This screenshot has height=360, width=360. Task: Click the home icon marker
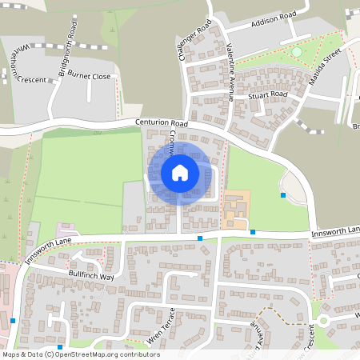click(179, 172)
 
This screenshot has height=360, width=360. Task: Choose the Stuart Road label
click(267, 94)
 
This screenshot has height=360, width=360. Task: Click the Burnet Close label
click(90, 77)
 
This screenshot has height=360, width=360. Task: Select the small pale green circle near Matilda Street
click(297, 52)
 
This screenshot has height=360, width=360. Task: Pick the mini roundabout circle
click(325, 321)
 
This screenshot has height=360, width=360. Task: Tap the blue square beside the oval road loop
click(282, 194)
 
